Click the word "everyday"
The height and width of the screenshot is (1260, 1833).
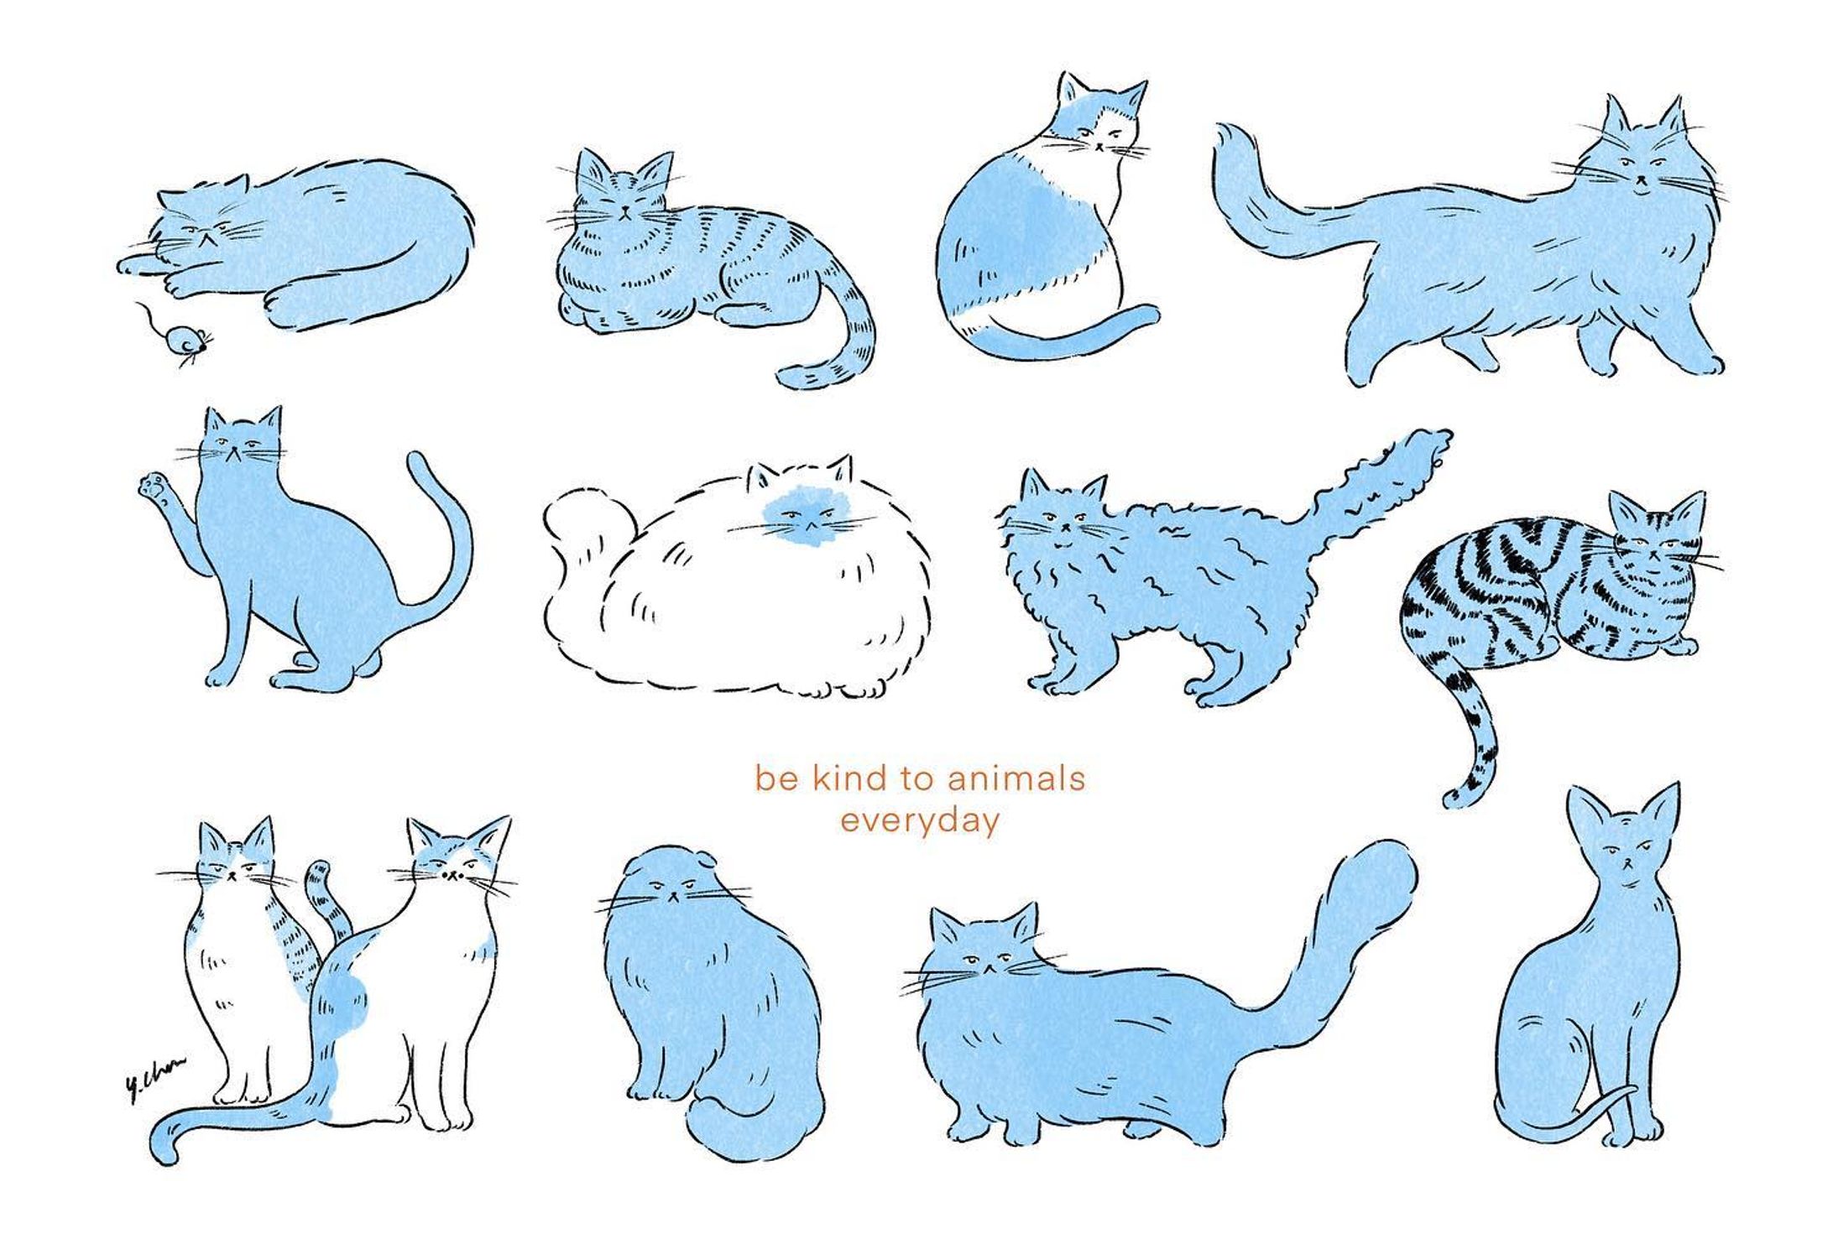click(920, 821)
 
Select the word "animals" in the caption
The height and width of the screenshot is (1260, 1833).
click(1016, 778)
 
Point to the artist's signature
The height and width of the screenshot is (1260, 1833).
click(154, 1078)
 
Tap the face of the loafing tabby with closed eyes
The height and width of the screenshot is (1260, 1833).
click(625, 197)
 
